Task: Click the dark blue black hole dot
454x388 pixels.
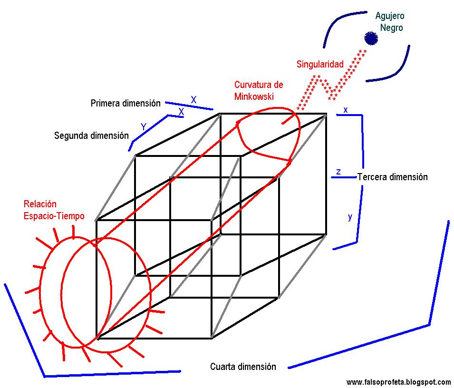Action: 371,38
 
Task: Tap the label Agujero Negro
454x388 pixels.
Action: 391,22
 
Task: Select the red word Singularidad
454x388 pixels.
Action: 320,64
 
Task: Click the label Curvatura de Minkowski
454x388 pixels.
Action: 258,90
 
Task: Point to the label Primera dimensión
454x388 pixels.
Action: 126,103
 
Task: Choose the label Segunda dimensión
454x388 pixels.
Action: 91,136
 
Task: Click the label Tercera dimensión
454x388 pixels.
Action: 392,177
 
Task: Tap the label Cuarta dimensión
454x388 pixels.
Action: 242,367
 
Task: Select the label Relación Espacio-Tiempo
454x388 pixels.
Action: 54,210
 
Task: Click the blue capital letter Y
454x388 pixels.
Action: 143,127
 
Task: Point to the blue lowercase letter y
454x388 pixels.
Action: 350,217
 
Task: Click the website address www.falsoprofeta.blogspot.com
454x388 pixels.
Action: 398,382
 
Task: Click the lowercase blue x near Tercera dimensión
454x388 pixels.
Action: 346,110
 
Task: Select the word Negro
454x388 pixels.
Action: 391,28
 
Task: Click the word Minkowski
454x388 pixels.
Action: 254,96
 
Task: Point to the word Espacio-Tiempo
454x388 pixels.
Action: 54,216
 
